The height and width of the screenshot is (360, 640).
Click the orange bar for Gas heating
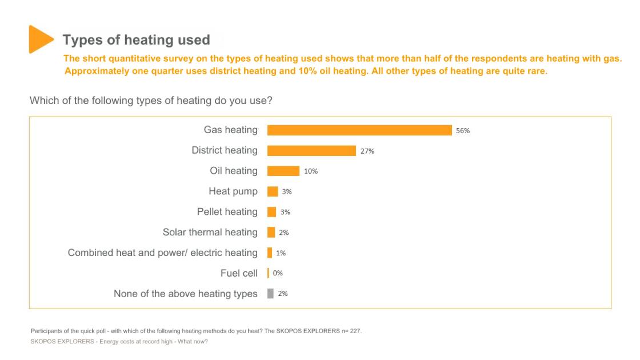[x=359, y=130]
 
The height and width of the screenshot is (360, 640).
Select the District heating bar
[x=311, y=151]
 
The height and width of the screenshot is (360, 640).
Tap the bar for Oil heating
[x=283, y=171]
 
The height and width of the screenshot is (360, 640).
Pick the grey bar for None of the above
[x=271, y=294]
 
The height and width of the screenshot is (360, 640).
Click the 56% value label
[x=462, y=131]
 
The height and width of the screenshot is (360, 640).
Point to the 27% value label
[x=367, y=151]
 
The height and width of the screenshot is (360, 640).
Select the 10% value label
[x=310, y=171]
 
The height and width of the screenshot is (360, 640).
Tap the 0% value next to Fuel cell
[x=278, y=274]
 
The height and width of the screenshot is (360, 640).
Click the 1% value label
[x=281, y=253]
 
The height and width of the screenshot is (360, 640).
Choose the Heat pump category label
[x=233, y=191]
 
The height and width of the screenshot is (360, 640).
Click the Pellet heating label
[x=227, y=212]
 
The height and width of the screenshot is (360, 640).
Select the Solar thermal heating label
[x=210, y=233]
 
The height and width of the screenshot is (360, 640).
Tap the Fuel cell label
[x=239, y=274]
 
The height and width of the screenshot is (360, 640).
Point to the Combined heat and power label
[x=162, y=253]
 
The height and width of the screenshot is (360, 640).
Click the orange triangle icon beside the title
[x=39, y=39]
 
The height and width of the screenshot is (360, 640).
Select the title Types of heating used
[x=136, y=40]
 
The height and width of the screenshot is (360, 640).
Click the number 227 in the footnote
[x=355, y=331]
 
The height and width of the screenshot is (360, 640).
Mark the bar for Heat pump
[x=273, y=191]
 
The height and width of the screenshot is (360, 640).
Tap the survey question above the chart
[x=151, y=101]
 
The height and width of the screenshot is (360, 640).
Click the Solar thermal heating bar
[x=271, y=233]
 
